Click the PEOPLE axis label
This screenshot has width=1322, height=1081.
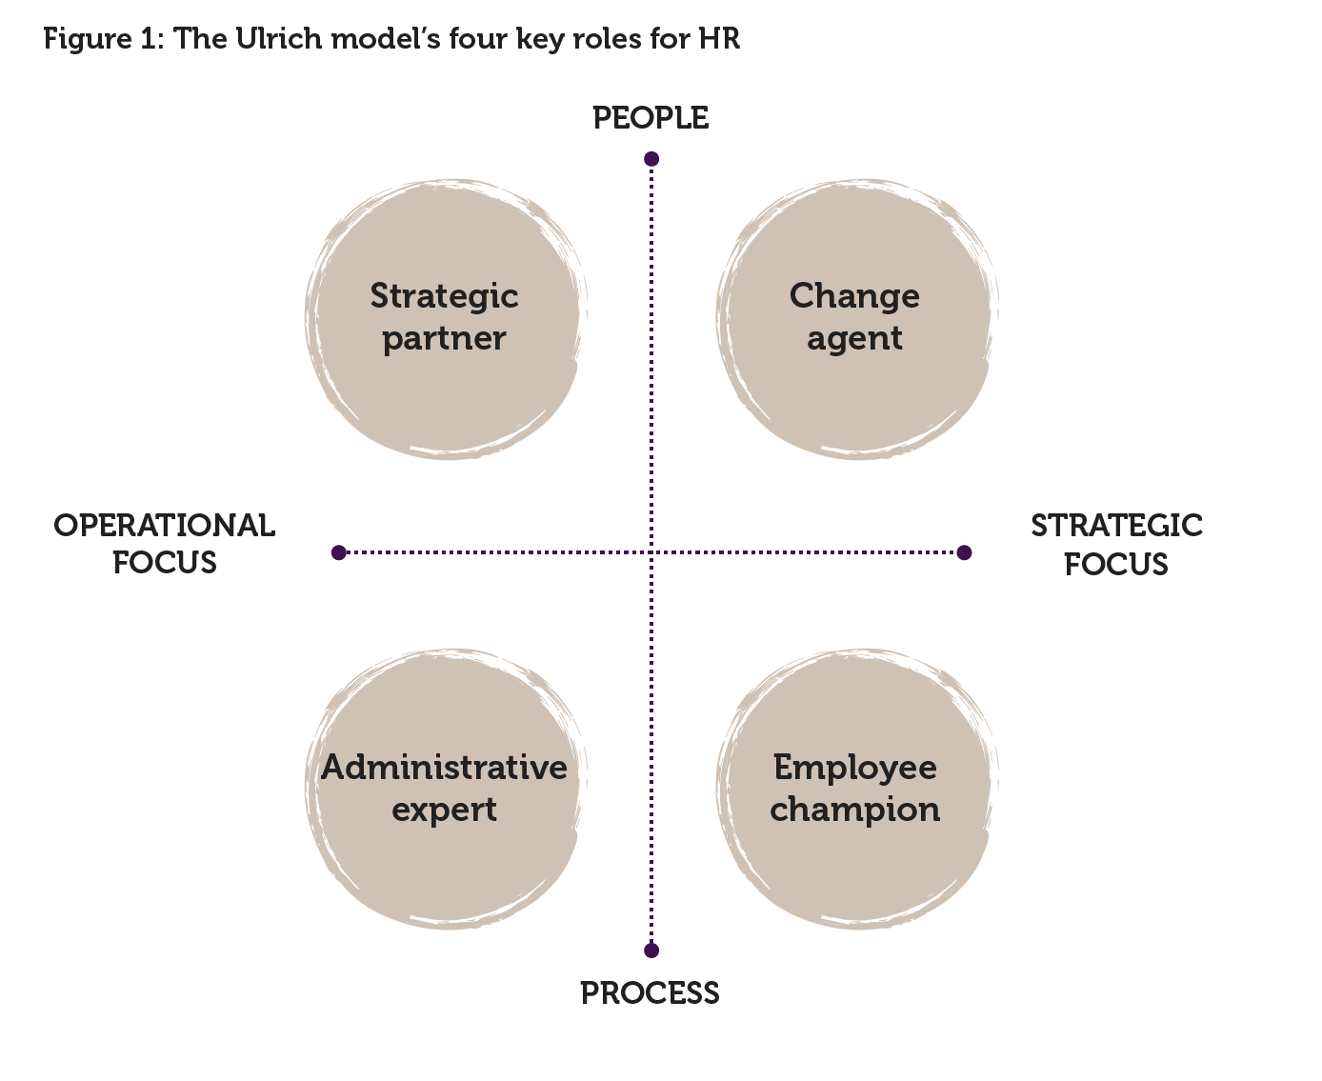coord(651,118)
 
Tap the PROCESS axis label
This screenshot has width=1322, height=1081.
coord(650,993)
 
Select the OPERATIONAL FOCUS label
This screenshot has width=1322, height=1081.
coord(165,544)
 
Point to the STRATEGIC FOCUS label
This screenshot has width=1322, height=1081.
coord(1116,545)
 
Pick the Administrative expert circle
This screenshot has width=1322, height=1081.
coord(445,789)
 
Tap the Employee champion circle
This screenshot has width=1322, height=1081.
coord(854,789)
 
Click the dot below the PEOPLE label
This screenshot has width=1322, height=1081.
coord(651,159)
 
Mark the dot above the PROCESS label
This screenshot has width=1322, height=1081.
coord(651,950)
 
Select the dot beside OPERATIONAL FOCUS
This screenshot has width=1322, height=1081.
coord(339,552)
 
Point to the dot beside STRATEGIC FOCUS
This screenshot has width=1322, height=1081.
coord(964,552)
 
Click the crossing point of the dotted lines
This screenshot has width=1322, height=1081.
coord(651,552)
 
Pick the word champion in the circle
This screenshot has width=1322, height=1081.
coord(854,811)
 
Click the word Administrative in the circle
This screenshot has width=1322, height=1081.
coord(445,768)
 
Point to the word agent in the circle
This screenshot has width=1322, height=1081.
coord(854,340)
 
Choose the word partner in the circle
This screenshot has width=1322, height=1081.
coord(445,340)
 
